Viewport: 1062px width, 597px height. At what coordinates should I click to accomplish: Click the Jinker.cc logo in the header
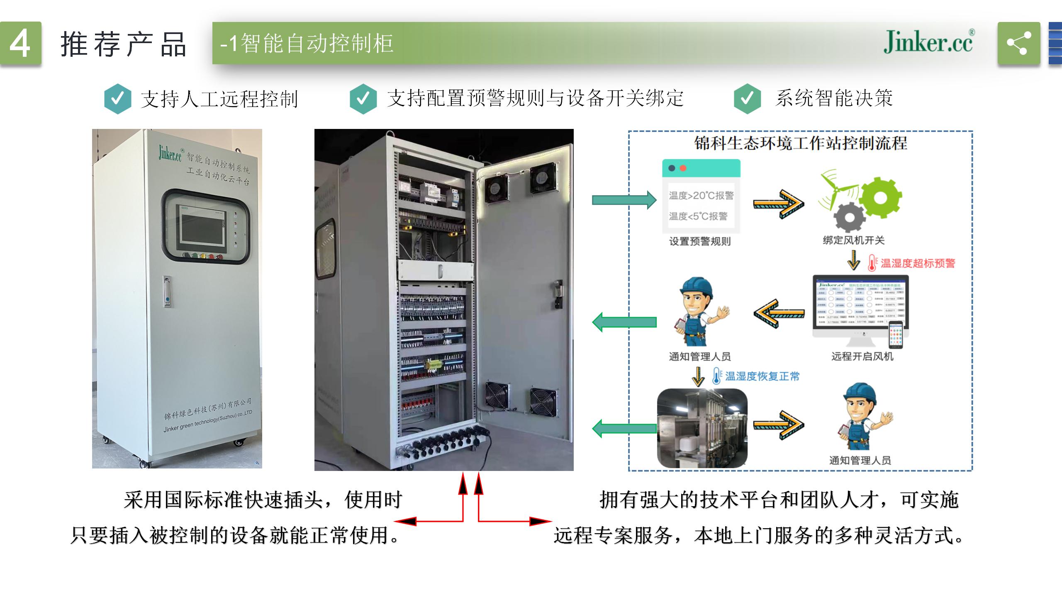[928, 42]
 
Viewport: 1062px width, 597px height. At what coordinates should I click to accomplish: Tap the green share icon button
[1018, 43]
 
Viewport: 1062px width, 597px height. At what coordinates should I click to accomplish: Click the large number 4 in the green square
[20, 43]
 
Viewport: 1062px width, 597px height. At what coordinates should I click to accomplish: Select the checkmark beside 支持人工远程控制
[118, 99]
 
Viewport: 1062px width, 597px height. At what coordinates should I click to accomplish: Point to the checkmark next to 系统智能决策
[747, 99]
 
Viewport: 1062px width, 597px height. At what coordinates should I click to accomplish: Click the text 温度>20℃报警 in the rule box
[701, 195]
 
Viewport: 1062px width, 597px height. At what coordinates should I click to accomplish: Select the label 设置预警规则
[700, 241]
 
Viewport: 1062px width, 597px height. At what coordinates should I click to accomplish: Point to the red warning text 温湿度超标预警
[918, 263]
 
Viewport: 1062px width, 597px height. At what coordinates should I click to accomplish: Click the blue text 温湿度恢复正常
[762, 376]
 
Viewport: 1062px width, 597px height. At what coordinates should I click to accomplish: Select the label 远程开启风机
[862, 357]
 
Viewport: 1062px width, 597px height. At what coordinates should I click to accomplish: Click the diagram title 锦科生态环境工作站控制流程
[800, 143]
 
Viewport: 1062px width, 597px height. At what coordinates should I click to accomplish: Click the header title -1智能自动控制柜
[307, 43]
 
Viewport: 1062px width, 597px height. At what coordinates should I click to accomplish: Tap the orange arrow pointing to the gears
[778, 204]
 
